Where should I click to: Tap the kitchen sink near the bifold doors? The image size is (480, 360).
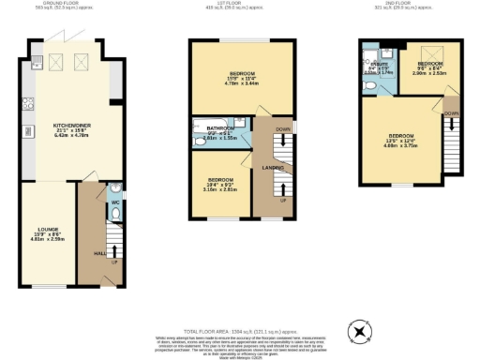pos(36,63)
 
